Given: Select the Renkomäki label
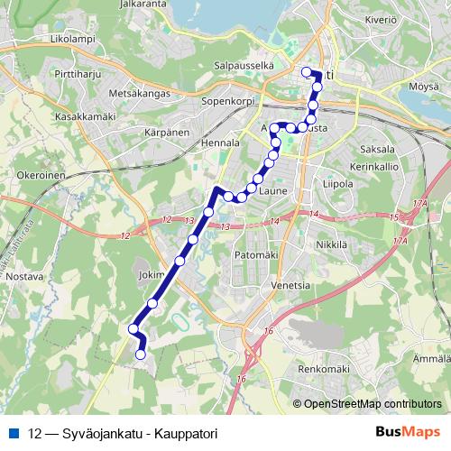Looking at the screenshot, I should pos(323,369).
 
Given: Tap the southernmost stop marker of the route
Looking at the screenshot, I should pos(140,355).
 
